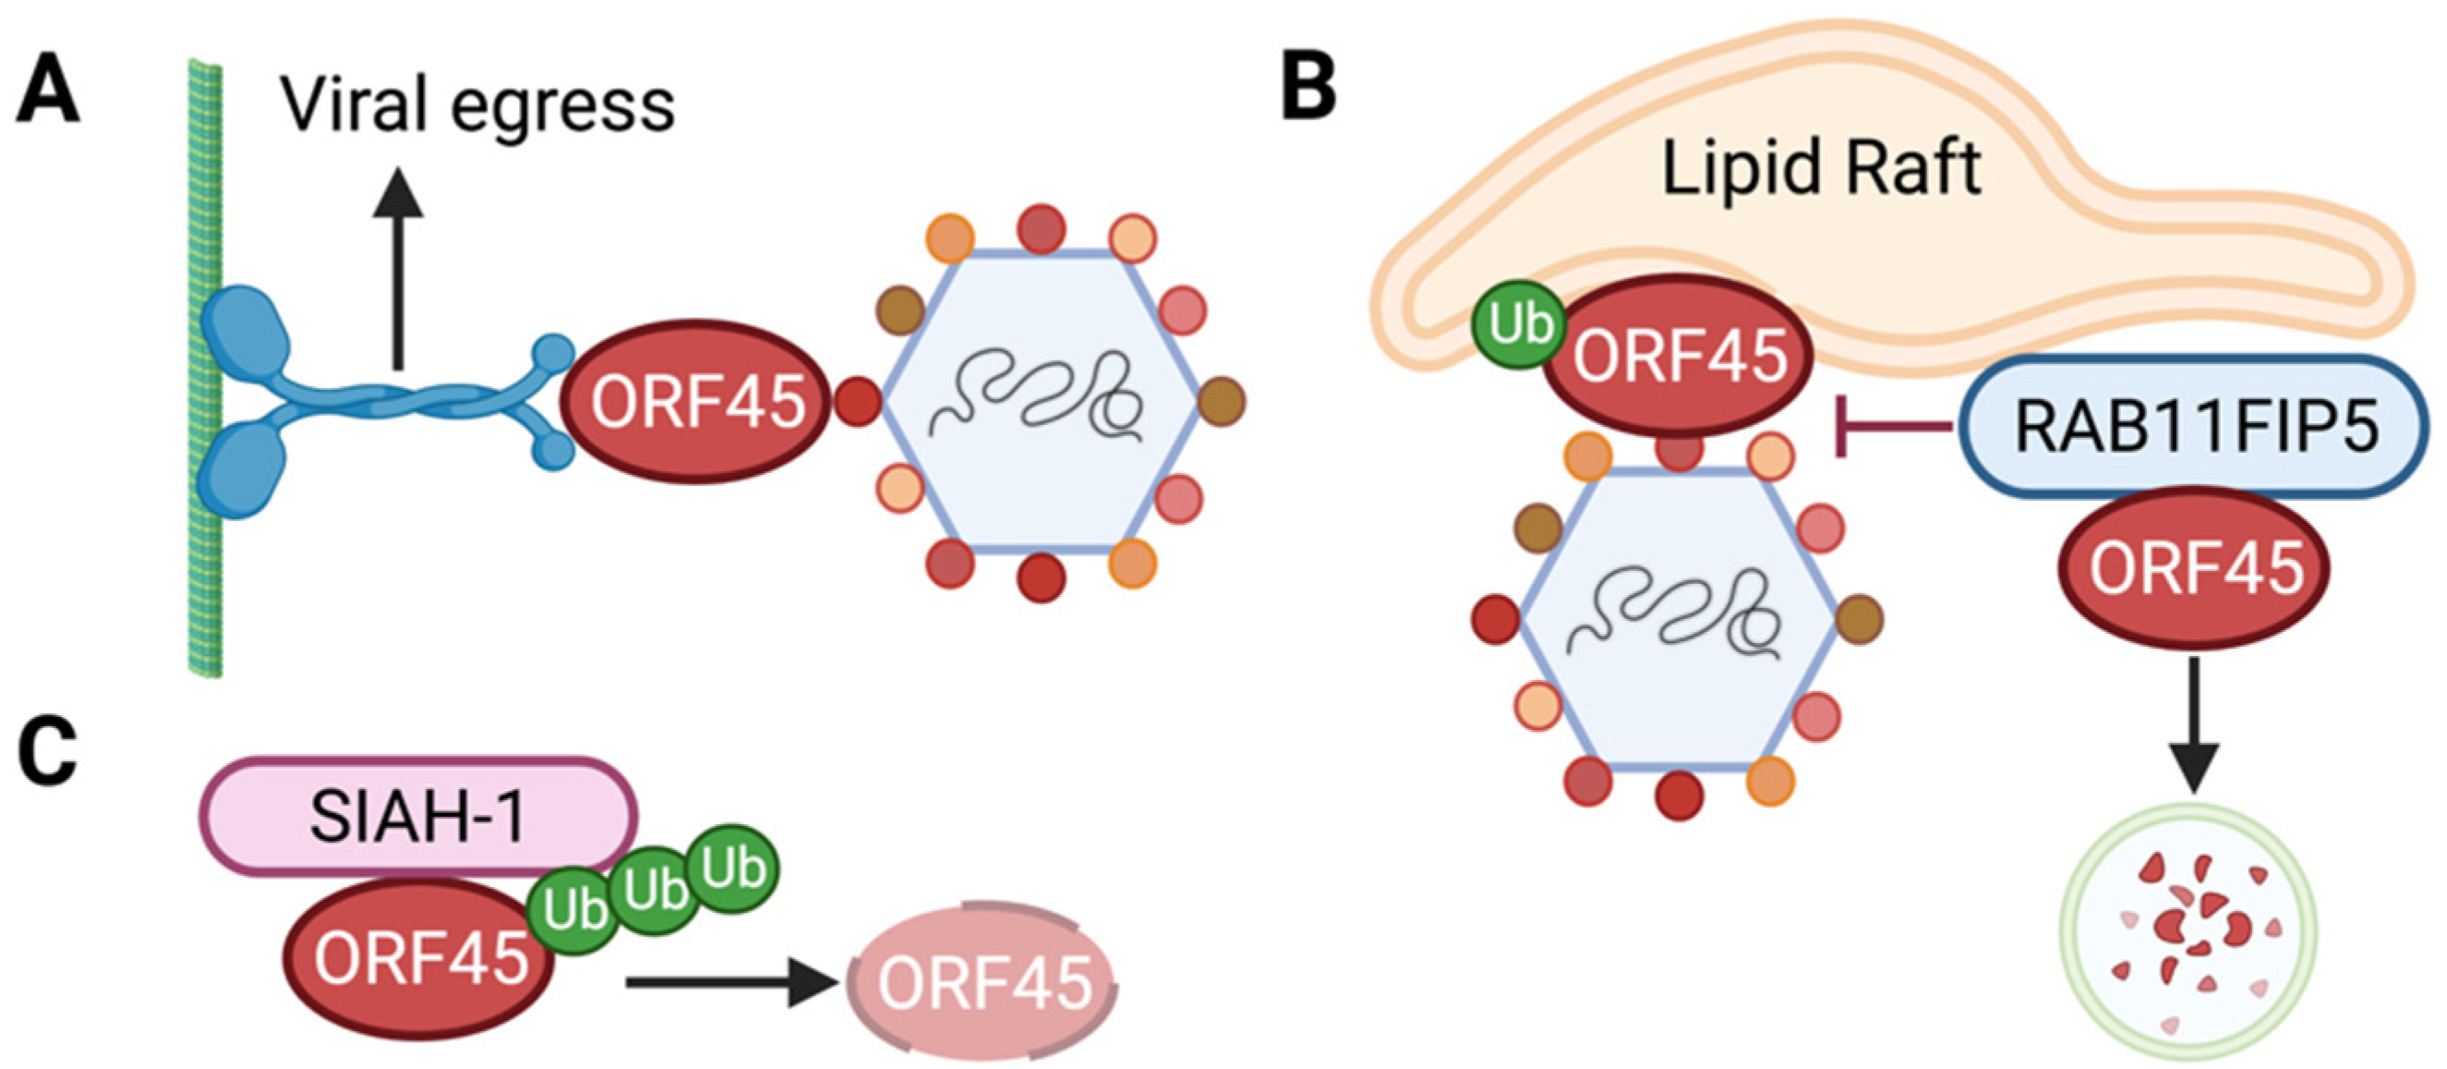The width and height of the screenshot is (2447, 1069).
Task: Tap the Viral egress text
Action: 476,105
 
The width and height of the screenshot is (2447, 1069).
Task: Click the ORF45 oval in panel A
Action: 696,401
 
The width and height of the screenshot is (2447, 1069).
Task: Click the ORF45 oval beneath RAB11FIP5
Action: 2195,568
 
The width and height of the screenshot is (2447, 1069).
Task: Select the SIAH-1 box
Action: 418,815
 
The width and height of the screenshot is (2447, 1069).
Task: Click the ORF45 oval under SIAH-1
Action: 418,958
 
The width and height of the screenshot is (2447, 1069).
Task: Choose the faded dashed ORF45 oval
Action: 982,980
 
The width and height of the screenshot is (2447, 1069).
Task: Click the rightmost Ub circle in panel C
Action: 733,869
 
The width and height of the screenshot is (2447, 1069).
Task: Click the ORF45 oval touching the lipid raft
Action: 1679,357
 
